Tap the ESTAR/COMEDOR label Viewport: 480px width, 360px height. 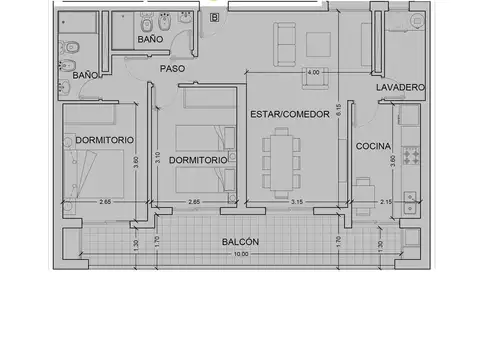(x=289, y=115)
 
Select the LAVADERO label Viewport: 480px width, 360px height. (x=401, y=88)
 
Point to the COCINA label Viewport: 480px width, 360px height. (x=373, y=146)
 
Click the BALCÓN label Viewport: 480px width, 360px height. (x=241, y=242)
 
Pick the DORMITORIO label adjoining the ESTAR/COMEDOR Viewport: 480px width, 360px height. (x=196, y=160)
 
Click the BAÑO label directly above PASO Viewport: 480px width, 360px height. (x=150, y=38)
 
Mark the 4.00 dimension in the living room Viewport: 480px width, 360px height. (x=313, y=73)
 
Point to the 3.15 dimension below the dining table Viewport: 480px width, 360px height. (x=296, y=203)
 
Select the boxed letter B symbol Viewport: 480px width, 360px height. (x=215, y=16)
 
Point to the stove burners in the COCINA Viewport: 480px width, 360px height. (x=409, y=156)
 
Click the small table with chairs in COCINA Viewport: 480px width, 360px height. (x=363, y=186)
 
